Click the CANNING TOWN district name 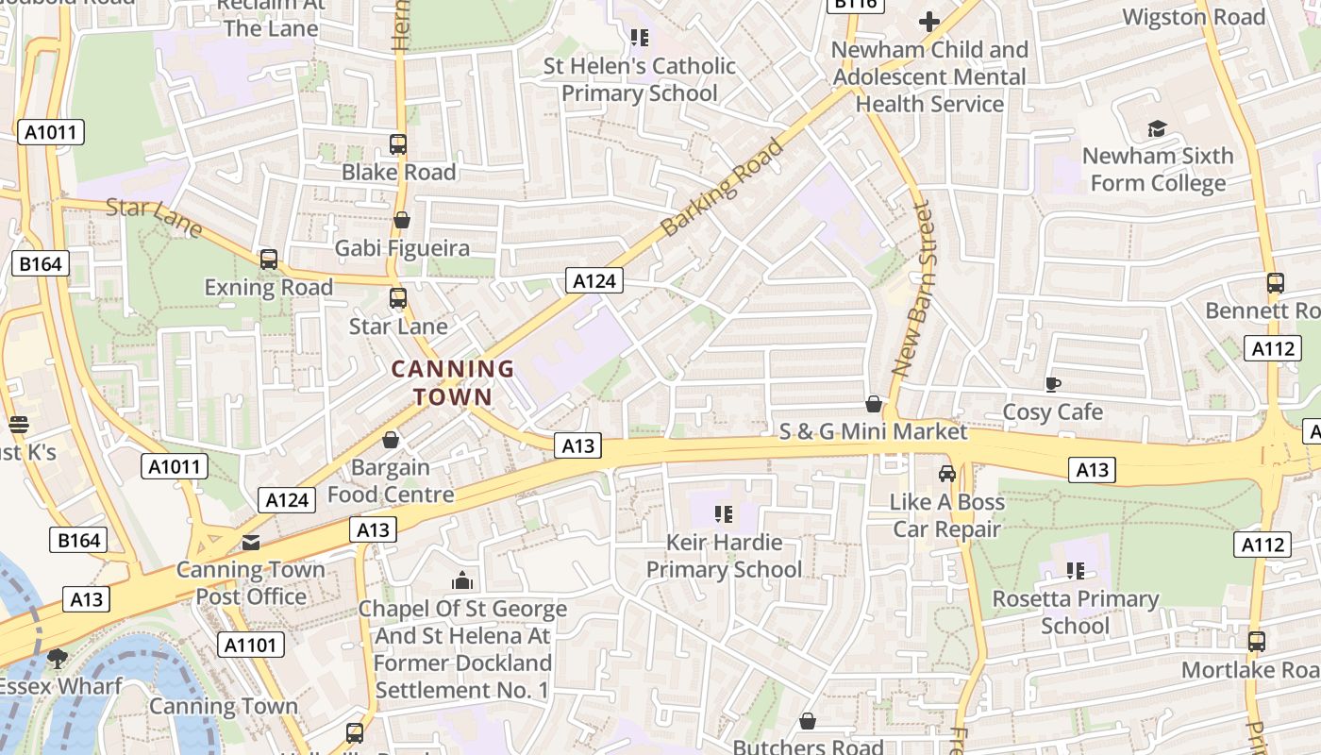(x=453, y=382)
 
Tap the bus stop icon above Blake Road (x=398, y=144)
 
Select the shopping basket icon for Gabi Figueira (x=402, y=220)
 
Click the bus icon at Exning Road (x=269, y=260)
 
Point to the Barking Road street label (x=723, y=188)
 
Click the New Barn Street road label (x=912, y=289)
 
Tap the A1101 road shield (x=251, y=646)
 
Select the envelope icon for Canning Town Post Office (x=251, y=542)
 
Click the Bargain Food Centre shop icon (x=391, y=440)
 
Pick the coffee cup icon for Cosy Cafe (x=1053, y=384)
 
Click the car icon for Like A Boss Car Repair (x=947, y=474)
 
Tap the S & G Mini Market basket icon (x=874, y=404)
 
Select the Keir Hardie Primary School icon (x=724, y=514)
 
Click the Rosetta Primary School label (x=1075, y=612)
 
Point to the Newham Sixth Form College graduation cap (x=1157, y=128)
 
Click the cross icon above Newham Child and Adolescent (x=929, y=22)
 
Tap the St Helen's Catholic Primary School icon (x=640, y=38)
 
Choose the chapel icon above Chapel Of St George (x=462, y=580)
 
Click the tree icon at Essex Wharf (x=58, y=658)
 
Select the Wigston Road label (x=1194, y=17)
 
